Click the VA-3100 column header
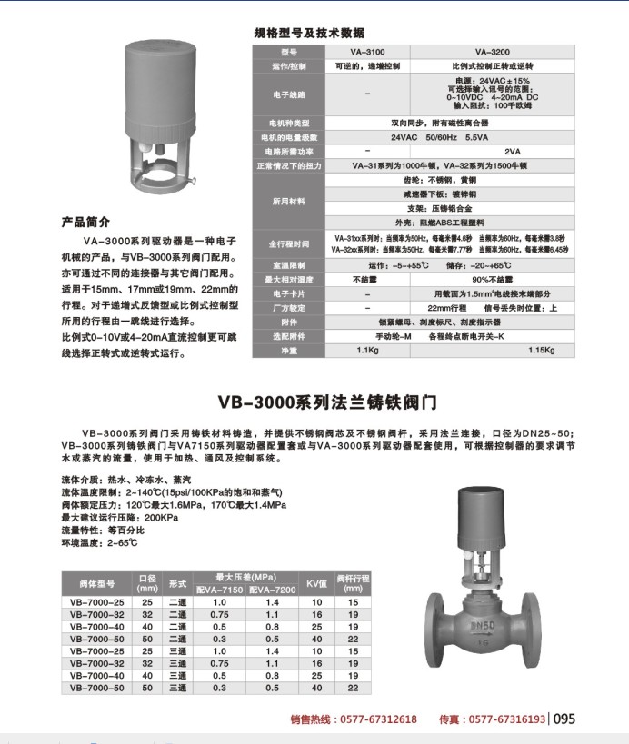(x=366, y=53)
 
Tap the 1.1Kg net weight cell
(x=366, y=350)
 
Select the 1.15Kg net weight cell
(x=541, y=350)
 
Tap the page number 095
(x=564, y=719)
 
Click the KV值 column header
(x=316, y=582)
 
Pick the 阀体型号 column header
(x=96, y=583)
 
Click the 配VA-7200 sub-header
(x=272, y=590)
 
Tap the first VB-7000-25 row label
(x=96, y=602)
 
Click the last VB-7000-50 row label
(x=96, y=688)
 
